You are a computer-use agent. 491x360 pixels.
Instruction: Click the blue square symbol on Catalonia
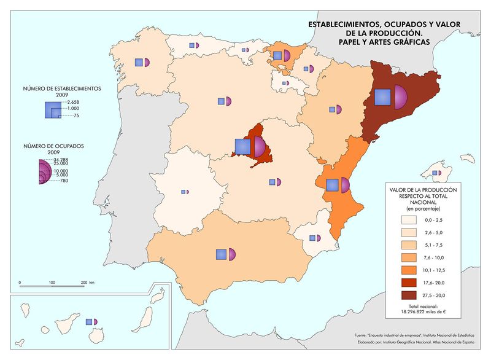(382, 98)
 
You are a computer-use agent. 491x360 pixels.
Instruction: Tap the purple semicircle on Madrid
(259, 147)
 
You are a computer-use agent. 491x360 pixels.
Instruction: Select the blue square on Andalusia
(221, 254)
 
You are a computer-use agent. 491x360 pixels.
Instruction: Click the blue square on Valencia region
(333, 185)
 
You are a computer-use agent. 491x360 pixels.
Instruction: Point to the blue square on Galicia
(139, 62)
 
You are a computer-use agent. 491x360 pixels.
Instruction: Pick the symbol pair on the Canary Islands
(91, 321)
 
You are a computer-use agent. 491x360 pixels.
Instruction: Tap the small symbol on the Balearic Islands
(436, 173)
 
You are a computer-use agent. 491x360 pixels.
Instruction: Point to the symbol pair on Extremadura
(185, 192)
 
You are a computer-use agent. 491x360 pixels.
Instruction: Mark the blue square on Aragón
(333, 110)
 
